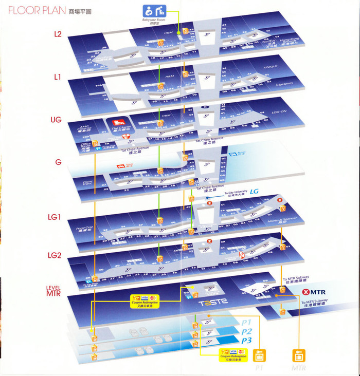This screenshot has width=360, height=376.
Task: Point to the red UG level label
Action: coord(57,120)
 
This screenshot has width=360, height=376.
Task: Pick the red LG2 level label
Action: coord(55,255)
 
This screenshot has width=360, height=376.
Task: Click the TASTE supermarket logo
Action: coord(213,302)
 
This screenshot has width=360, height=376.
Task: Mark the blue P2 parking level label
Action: coord(247,331)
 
